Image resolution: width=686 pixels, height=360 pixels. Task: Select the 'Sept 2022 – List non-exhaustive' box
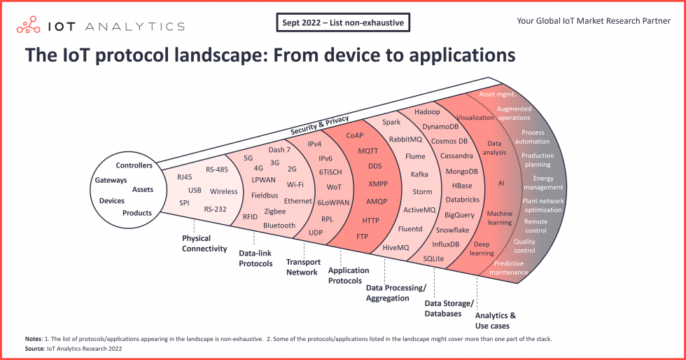tap(342, 23)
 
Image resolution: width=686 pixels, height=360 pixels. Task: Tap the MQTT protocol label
tap(368, 151)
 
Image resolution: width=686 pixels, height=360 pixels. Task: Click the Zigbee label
tap(275, 211)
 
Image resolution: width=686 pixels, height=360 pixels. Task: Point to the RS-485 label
tap(218, 169)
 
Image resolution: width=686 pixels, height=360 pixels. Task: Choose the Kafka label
tap(419, 174)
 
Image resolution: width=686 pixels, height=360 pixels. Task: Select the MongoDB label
tap(462, 171)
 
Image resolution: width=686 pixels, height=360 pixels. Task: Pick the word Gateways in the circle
tap(111, 180)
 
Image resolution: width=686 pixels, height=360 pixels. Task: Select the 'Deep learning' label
tap(482, 249)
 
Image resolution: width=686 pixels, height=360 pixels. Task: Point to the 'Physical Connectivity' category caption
tap(204, 243)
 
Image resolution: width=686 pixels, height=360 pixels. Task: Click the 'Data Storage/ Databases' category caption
tap(449, 308)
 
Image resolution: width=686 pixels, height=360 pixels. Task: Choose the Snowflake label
tap(452, 230)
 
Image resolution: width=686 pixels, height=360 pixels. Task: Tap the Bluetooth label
tap(279, 226)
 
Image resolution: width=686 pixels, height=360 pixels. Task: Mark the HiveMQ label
tap(395, 247)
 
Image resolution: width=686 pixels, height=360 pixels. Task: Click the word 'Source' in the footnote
tap(34, 347)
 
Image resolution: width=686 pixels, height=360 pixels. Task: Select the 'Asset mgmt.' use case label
tap(496, 93)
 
